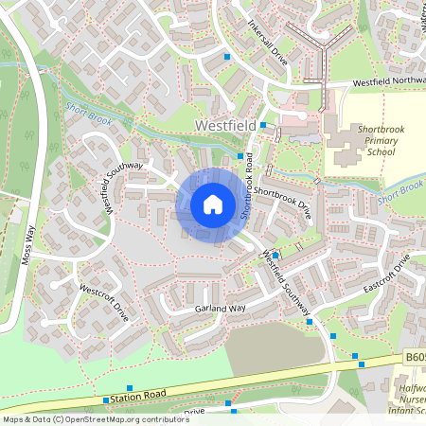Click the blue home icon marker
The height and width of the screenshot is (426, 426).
tap(213, 204)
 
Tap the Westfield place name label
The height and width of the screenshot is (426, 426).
tap(224, 125)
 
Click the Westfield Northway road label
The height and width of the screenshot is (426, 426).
tap(388, 82)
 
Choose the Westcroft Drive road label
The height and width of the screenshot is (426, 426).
tap(104, 298)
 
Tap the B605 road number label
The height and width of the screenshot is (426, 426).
tap(412, 358)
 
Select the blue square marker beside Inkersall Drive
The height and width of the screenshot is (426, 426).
tap(227, 57)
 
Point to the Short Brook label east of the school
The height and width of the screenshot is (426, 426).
tap(400, 193)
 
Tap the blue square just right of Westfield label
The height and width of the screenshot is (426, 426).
tap(264, 125)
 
